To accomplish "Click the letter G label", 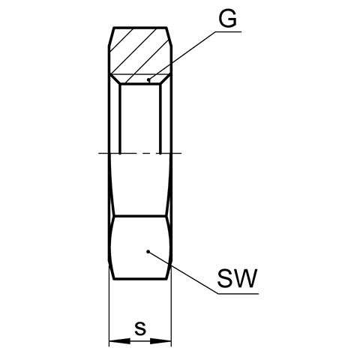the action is pos(227,19).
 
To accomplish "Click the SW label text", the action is pos(237,279).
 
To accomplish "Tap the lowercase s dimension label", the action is pos(140,328).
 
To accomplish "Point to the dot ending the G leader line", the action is pos(148,80).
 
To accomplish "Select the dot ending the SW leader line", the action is pos(148,251).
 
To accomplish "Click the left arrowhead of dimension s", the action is pos(120,341).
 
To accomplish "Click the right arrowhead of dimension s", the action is pos(160,341).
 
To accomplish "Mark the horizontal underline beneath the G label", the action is pos(228,31).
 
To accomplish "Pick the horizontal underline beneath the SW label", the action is pos(238,293).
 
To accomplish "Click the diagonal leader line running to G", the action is pos(181,55).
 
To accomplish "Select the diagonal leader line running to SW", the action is pos(183,272).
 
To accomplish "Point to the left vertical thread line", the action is pos(120,118).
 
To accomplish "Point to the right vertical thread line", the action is pos(160,118).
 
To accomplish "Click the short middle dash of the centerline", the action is pos(148,153).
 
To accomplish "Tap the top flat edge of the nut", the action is pos(140,27).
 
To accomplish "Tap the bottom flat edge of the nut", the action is pos(140,278).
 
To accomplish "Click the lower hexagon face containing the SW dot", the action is pos(140,247).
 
